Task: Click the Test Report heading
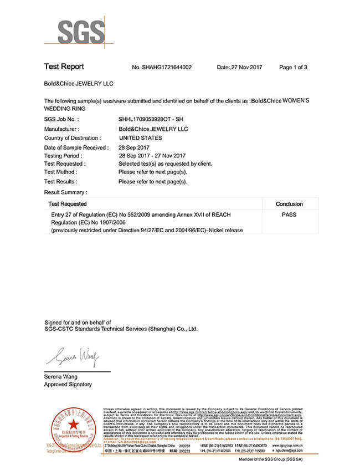[x=64, y=67]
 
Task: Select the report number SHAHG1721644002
[x=162, y=68]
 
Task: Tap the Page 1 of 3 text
[x=293, y=68]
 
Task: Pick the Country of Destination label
[x=72, y=138]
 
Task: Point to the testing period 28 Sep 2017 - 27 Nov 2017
[x=152, y=156]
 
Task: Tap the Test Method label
[x=60, y=172]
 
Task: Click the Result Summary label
[x=65, y=192]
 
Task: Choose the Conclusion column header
[x=289, y=205]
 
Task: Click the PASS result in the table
[x=289, y=214]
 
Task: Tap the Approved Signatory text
[x=68, y=385]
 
